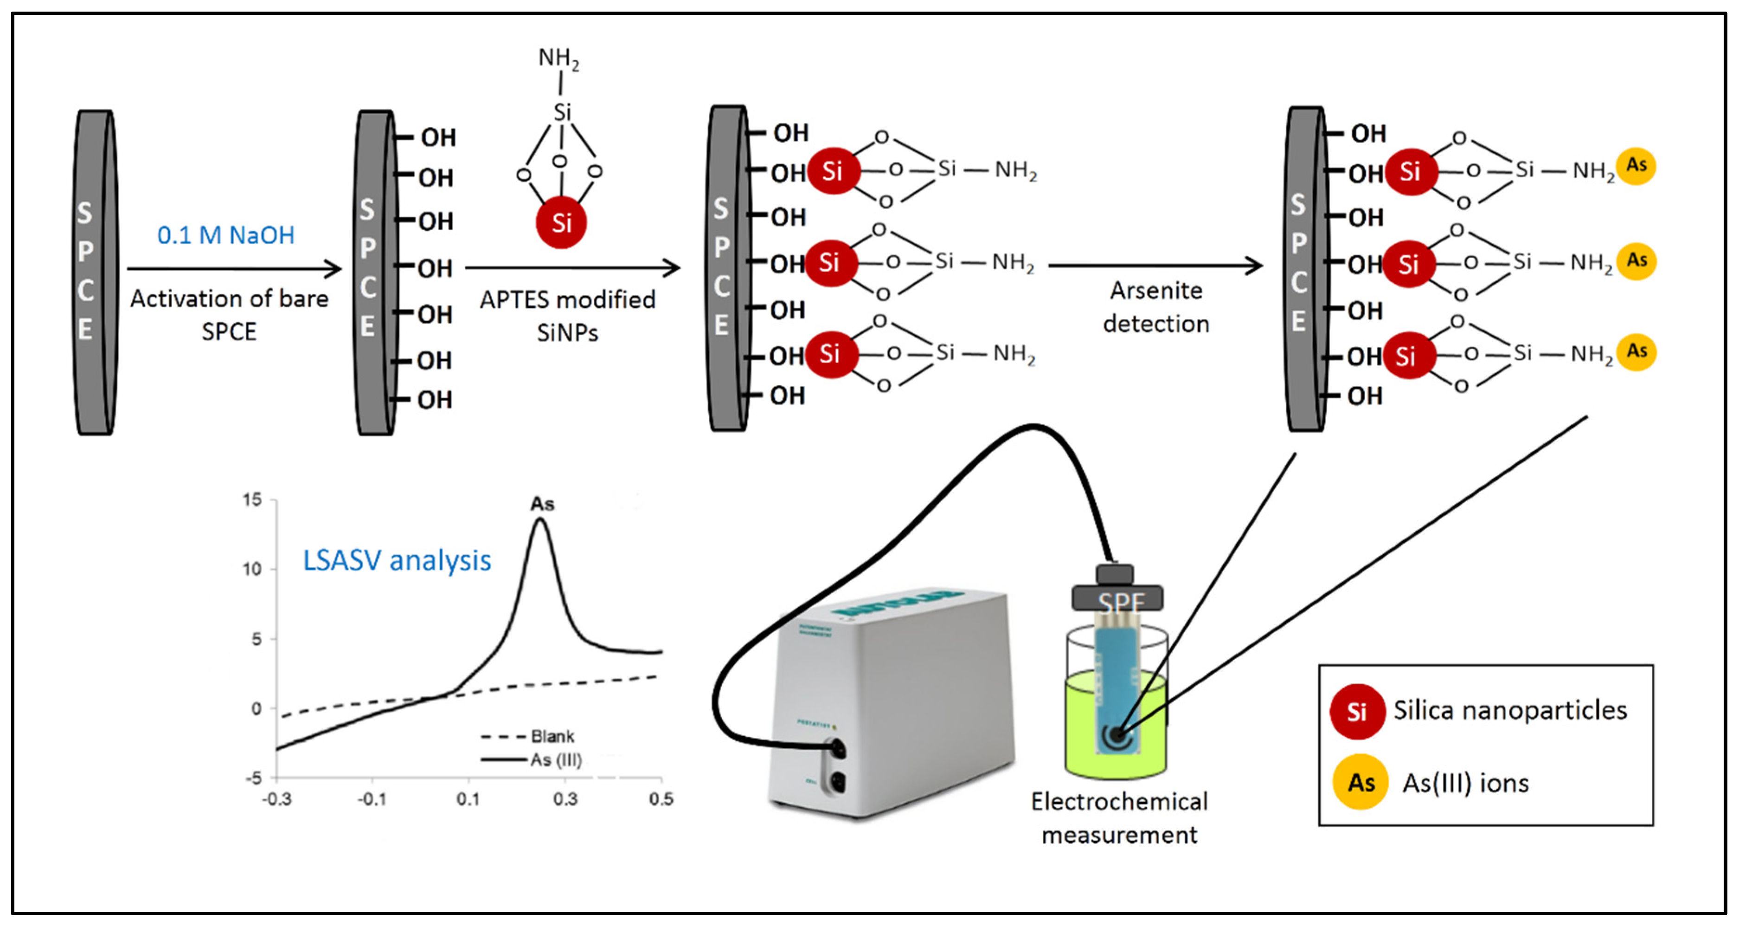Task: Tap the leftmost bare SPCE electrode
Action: click(x=95, y=272)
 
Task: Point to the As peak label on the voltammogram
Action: click(x=542, y=504)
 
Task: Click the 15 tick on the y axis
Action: click(x=252, y=500)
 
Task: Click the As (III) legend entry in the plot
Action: click(x=556, y=760)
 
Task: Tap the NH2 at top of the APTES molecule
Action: click(x=558, y=58)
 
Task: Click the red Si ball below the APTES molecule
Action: click(x=561, y=222)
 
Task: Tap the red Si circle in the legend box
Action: click(x=1357, y=711)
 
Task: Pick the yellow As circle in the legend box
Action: click(x=1360, y=782)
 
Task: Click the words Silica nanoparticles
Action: click(x=1510, y=710)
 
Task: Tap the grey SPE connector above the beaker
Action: click(x=1117, y=598)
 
